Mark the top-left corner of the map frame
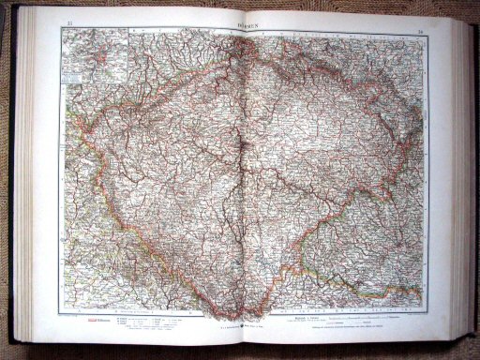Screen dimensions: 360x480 [61, 28]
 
